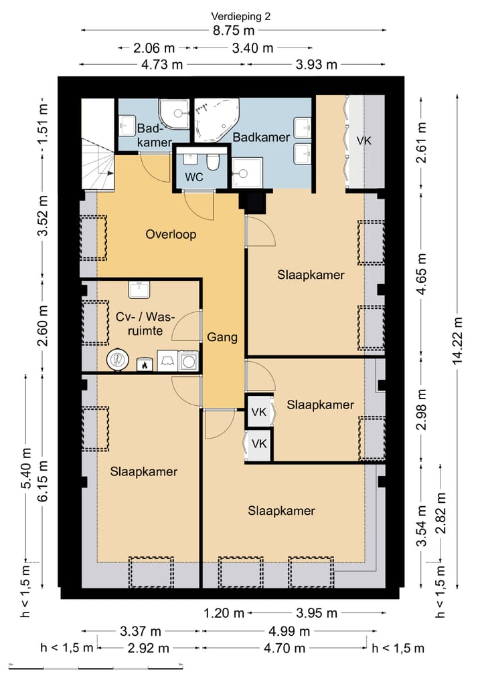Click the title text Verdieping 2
[x=240, y=17]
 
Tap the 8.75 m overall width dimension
[x=233, y=30]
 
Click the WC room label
[x=193, y=177]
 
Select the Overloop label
[x=171, y=235]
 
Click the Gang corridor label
[x=222, y=337]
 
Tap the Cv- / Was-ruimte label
[x=145, y=324]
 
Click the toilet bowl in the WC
[x=213, y=162]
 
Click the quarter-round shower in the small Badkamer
[x=174, y=114]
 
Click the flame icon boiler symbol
[x=145, y=364]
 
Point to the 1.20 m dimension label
[x=224, y=613]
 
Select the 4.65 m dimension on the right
[x=421, y=274]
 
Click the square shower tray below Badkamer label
[x=247, y=173]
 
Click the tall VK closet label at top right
[x=364, y=140]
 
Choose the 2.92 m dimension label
[x=149, y=649]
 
